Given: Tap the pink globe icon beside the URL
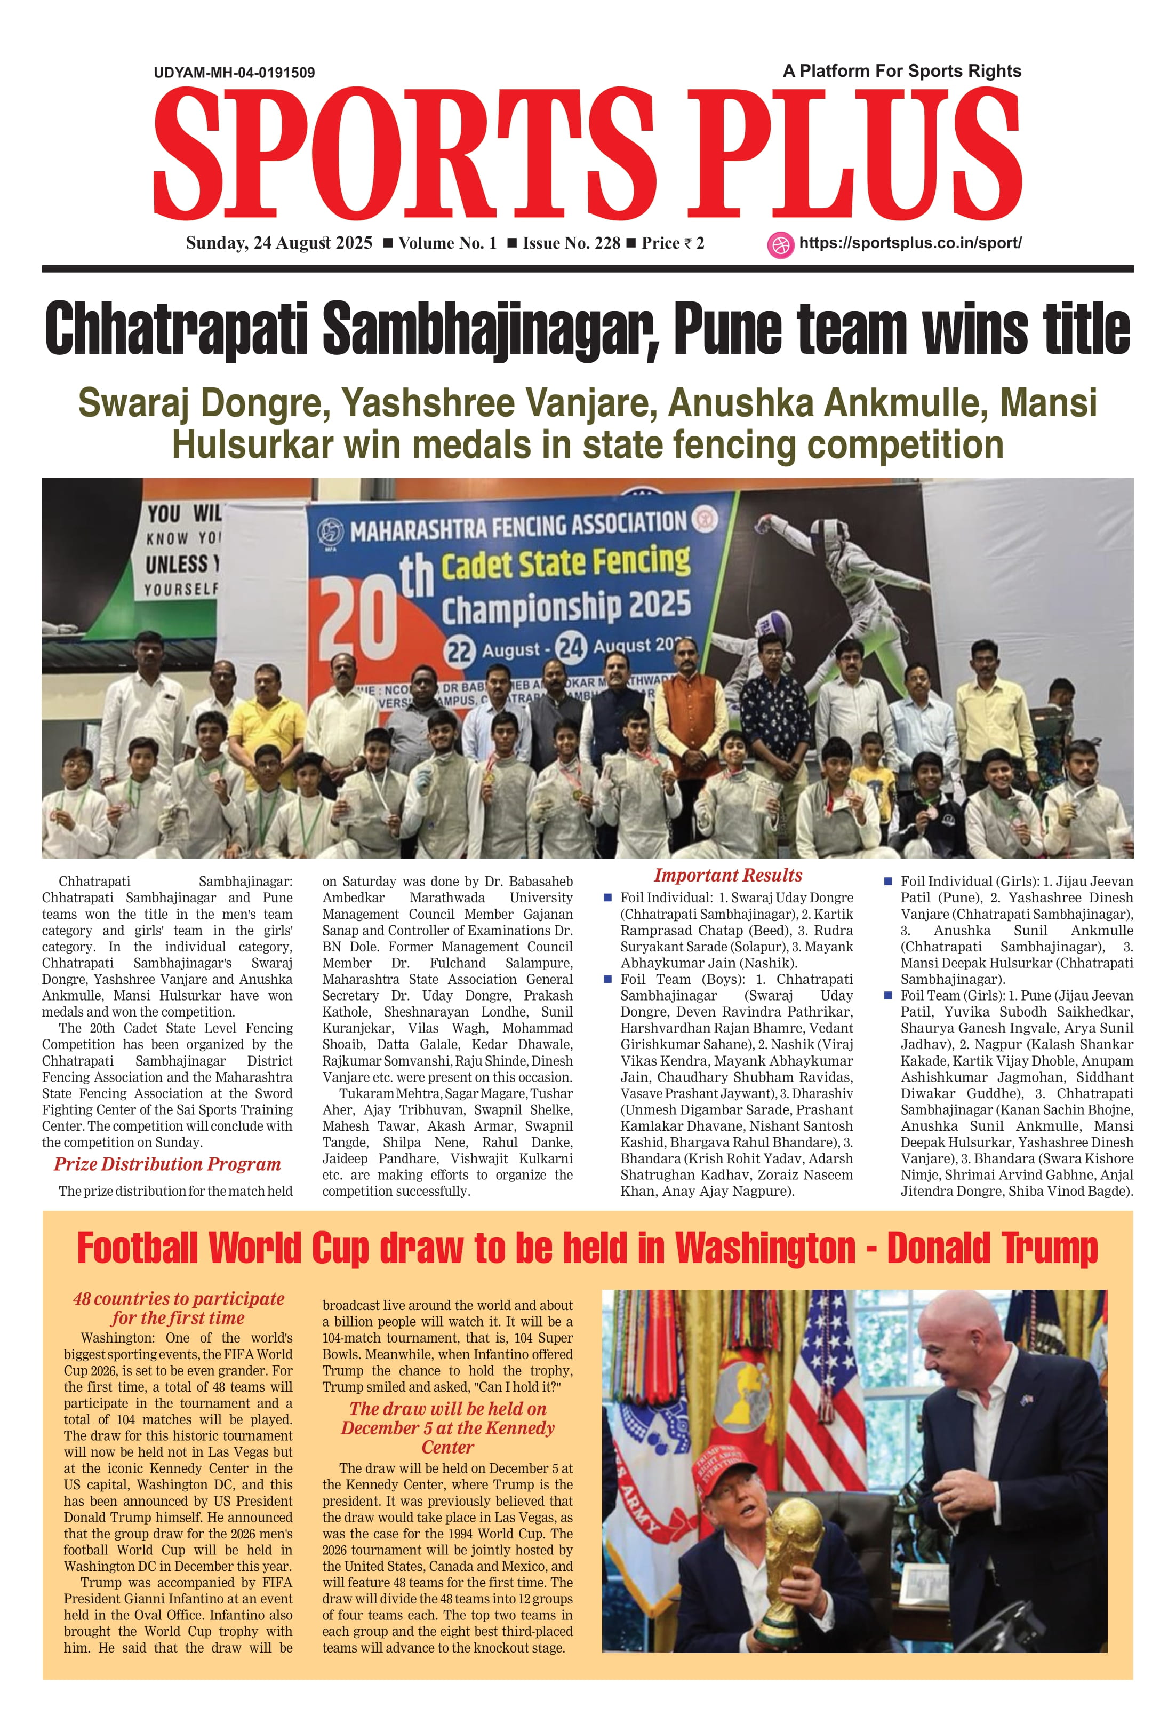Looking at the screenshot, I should click(780, 245).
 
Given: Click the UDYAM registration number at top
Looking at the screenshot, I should click(234, 73).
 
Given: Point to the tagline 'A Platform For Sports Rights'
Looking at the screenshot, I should click(902, 71).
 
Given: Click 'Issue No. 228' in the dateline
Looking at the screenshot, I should click(571, 243).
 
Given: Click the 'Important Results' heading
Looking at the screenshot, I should click(727, 876).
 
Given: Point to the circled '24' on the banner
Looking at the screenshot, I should click(571, 647).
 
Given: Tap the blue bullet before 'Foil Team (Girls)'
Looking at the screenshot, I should click(888, 996).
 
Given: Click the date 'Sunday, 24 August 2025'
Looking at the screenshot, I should click(278, 243).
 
